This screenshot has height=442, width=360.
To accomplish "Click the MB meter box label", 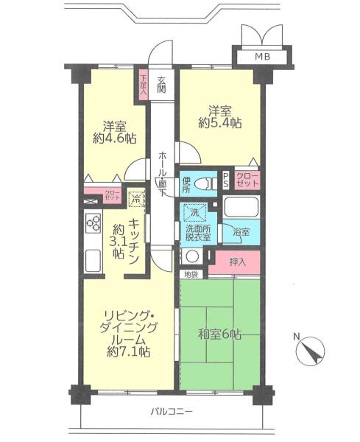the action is click(x=262, y=57).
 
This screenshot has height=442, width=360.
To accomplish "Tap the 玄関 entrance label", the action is click(x=161, y=85).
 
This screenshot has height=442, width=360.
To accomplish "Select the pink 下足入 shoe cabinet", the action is click(x=144, y=84).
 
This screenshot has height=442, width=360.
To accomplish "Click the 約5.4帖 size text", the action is click(x=220, y=123).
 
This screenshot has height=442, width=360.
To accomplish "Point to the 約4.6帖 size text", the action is click(x=115, y=138).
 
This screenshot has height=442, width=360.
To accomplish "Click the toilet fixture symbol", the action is click(x=205, y=184).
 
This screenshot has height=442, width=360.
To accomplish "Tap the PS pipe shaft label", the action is click(x=226, y=180).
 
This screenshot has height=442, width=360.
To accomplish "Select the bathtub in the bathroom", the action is click(x=241, y=207).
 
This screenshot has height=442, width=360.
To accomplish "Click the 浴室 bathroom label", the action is click(x=241, y=232).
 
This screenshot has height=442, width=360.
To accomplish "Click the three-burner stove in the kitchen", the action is click(x=93, y=223).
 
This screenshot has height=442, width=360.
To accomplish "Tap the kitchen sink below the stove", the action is click(x=93, y=261).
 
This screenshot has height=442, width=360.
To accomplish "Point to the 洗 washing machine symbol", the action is click(x=195, y=213).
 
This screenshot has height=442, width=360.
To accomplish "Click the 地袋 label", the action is click(x=191, y=275).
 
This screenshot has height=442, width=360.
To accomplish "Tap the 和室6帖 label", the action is click(x=219, y=334).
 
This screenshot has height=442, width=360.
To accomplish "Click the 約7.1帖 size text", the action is click(x=128, y=351).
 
